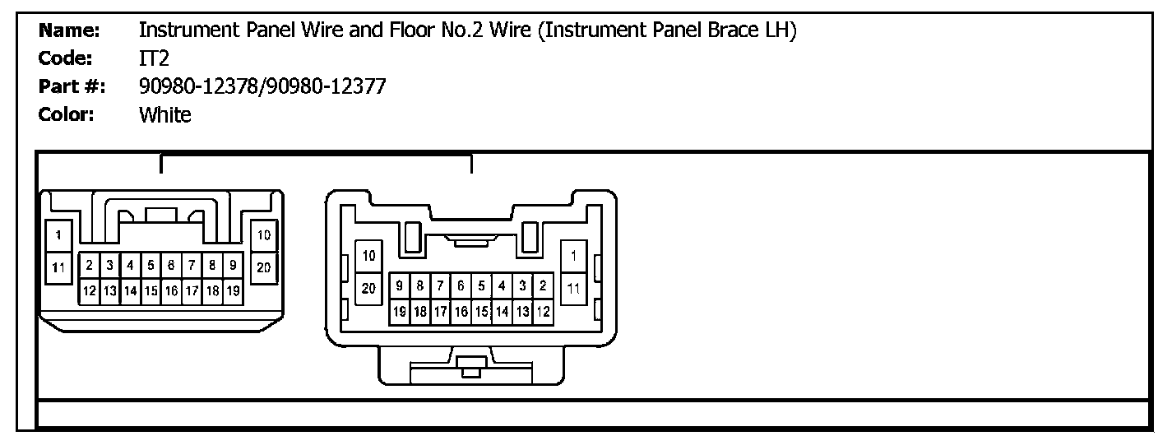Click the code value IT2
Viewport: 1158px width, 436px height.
(154, 59)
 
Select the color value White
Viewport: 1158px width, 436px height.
(165, 114)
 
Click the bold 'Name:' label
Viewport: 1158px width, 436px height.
(69, 31)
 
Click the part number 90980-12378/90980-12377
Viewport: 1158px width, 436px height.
(262, 87)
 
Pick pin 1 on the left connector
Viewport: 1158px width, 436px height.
(58, 234)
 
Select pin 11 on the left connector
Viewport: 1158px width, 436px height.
(58, 267)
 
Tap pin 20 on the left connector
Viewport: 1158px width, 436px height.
(264, 267)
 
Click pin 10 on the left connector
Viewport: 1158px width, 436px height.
(264, 235)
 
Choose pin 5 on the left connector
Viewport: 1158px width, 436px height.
(151, 266)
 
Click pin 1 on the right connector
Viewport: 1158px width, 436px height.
(573, 256)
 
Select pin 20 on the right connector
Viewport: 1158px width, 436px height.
(368, 289)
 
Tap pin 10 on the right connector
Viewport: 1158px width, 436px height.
(368, 256)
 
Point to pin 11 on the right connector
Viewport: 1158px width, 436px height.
(573, 289)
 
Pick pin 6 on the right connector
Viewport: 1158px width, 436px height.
(461, 286)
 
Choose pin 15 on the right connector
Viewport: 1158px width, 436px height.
(482, 312)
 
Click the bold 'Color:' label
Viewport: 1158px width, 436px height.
(67, 114)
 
